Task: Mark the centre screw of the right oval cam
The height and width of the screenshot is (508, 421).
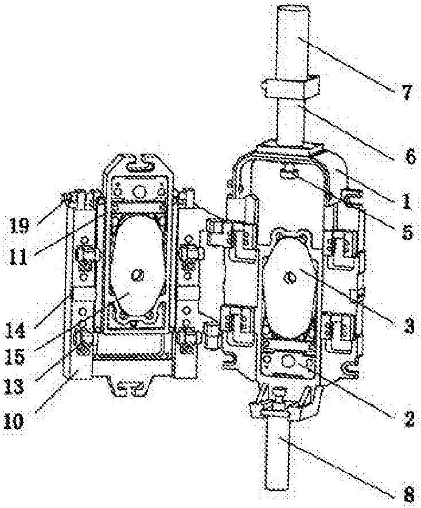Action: pos(290,278)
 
